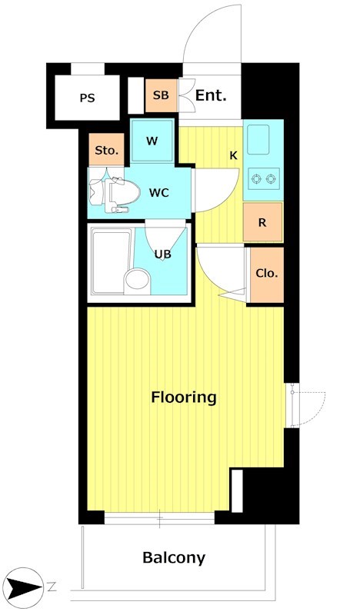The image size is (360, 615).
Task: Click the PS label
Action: click(x=87, y=98)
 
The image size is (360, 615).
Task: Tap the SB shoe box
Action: click(x=161, y=95)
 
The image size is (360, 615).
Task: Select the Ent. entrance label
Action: click(x=211, y=95)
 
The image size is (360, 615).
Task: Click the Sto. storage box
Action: click(x=106, y=149)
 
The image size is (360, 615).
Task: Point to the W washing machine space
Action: click(x=152, y=141)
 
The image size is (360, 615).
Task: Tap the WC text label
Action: click(x=159, y=193)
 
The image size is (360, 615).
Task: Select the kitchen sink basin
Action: click(x=258, y=140)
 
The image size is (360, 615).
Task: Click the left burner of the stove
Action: click(x=256, y=179)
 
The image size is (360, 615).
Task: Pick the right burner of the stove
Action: click(x=270, y=179)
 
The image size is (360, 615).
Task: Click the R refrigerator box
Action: click(x=262, y=222)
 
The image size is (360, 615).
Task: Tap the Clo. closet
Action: click(x=267, y=274)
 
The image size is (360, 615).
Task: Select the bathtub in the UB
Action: click(x=111, y=261)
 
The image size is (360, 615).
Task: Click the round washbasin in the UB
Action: click(x=137, y=281)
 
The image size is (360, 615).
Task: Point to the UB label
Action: click(x=162, y=254)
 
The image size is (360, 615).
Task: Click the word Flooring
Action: click(x=184, y=397)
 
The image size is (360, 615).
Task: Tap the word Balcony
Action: click(x=174, y=557)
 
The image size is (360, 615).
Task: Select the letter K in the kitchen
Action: click(x=234, y=156)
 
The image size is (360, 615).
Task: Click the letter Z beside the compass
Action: click(x=52, y=587)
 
